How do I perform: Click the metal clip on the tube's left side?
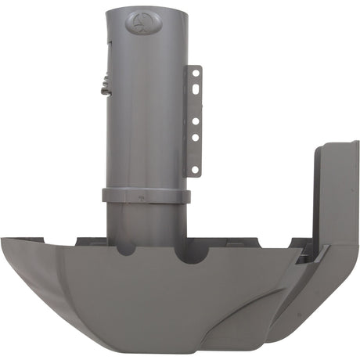click(x=103, y=85)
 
